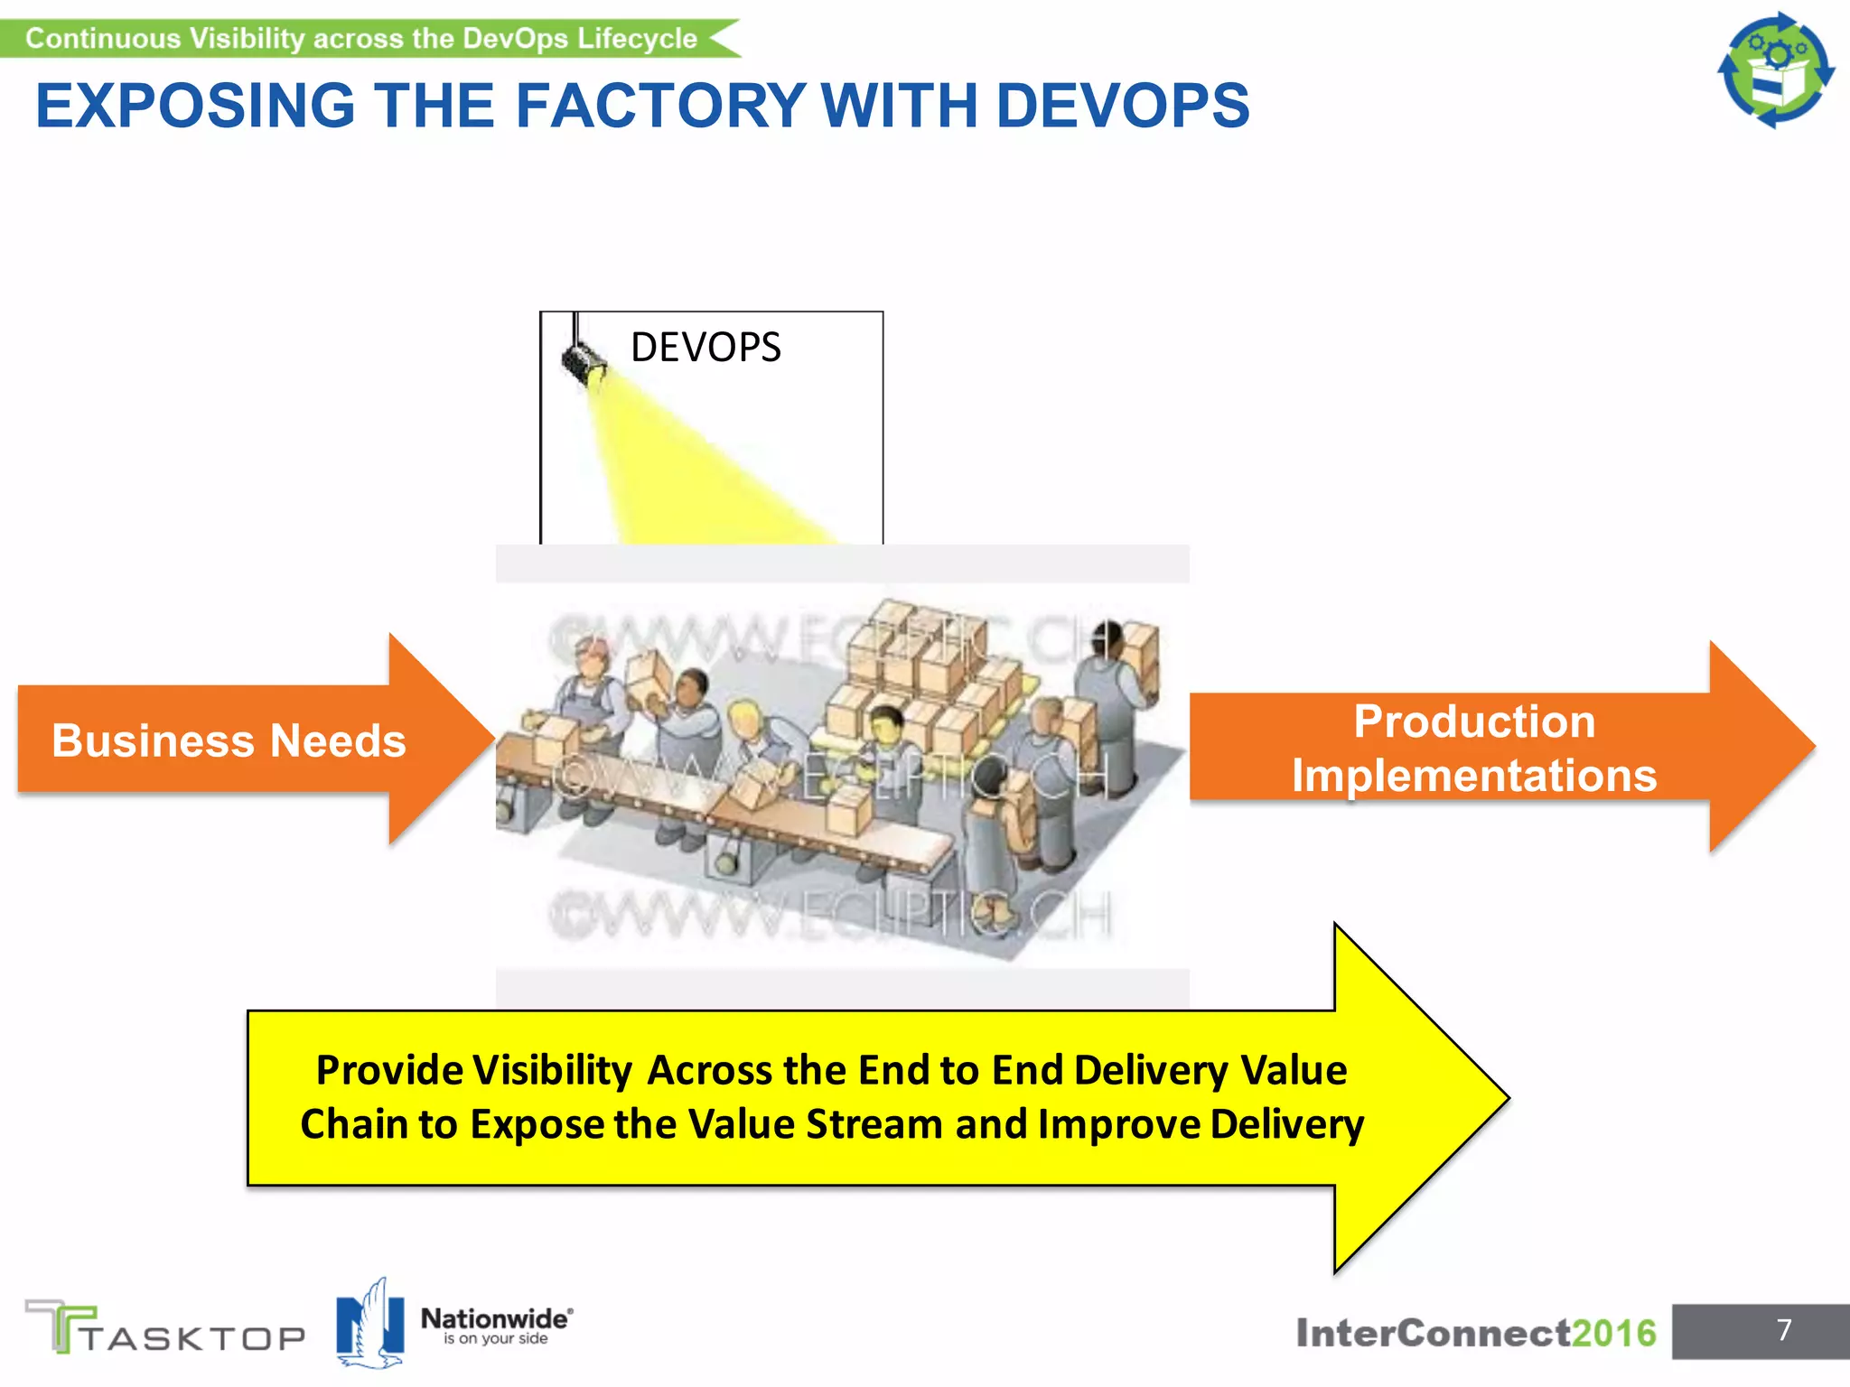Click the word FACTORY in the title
click(659, 106)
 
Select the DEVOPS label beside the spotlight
click(705, 348)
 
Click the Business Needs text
click(229, 741)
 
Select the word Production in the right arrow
click(1474, 721)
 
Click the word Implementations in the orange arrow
click(1474, 776)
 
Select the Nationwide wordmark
click(495, 1319)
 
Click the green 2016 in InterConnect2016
click(1613, 1333)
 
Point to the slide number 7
click(1784, 1330)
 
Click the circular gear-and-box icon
click(1776, 70)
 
